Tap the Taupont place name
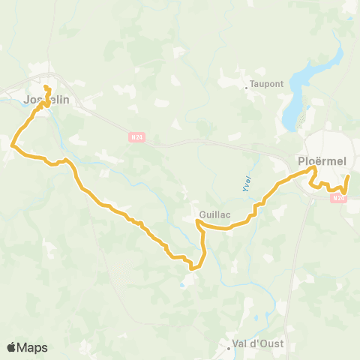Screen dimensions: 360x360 (267, 84)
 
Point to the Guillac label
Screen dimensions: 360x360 (214, 214)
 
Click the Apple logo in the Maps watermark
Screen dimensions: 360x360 (12, 347)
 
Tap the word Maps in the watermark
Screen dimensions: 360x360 (33, 347)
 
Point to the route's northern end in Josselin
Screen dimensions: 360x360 (45, 88)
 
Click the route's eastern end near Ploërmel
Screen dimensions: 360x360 (348, 176)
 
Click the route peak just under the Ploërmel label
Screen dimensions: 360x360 (314, 170)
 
